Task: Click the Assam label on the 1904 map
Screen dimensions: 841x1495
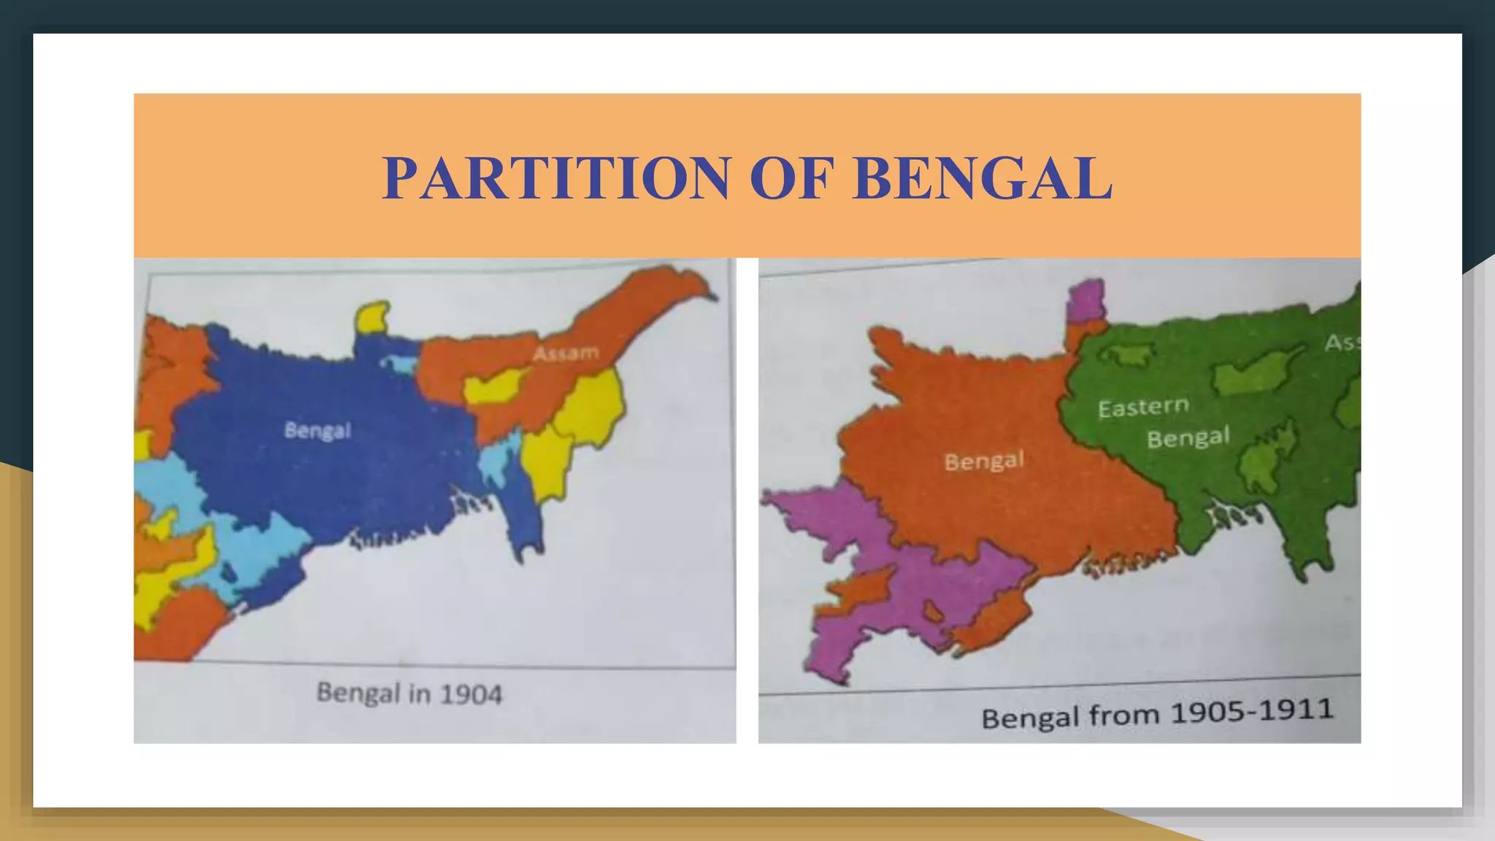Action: tap(566, 353)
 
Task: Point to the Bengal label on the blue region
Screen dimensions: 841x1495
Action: tap(318, 430)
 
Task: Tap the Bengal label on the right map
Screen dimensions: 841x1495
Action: tap(984, 461)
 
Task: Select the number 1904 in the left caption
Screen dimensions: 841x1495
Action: tap(471, 694)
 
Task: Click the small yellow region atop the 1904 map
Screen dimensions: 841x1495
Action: tap(372, 318)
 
